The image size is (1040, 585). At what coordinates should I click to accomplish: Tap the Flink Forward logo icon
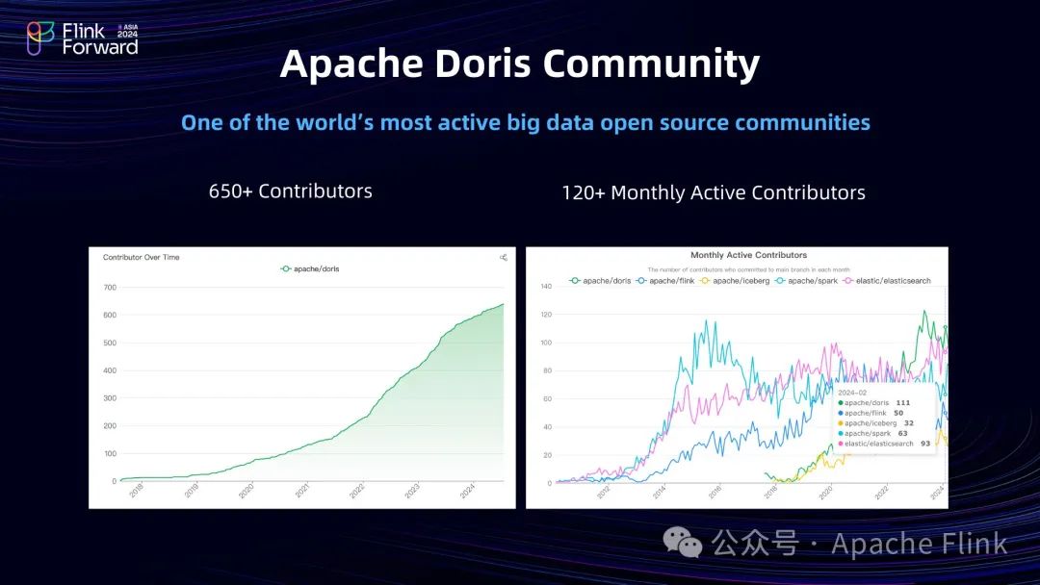pyautogui.click(x=40, y=38)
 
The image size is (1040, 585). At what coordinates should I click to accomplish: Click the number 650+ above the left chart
pyautogui.click(x=230, y=191)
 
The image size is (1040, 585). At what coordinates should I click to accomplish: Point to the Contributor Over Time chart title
pyautogui.click(x=142, y=257)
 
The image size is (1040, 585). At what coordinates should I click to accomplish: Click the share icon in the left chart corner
pyautogui.click(x=504, y=257)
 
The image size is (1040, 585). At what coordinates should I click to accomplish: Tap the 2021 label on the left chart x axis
pyautogui.click(x=301, y=491)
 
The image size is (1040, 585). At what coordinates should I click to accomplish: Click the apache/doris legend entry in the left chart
pyautogui.click(x=310, y=269)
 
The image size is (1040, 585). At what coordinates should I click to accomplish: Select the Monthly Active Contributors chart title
pyautogui.click(x=749, y=255)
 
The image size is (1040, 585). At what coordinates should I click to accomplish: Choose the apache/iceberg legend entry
pyautogui.click(x=735, y=281)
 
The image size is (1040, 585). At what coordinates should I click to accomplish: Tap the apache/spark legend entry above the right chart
pyautogui.click(x=811, y=281)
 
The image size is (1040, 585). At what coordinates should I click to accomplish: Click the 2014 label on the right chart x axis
pyautogui.click(x=659, y=492)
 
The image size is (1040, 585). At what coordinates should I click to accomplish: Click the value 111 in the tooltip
pyautogui.click(x=903, y=402)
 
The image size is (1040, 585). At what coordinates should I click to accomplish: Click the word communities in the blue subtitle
pyautogui.click(x=803, y=123)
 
